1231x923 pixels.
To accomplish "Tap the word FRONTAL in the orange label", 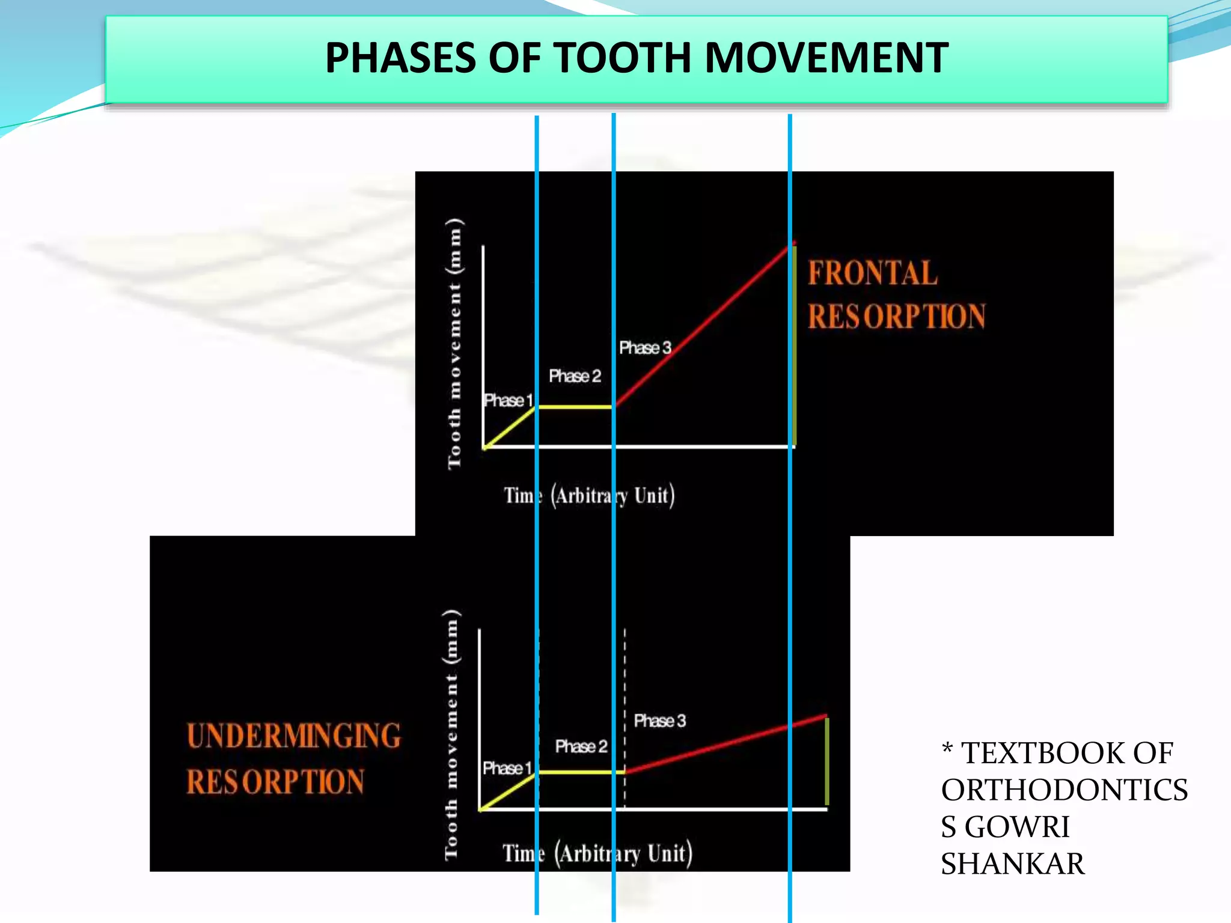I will (x=872, y=273).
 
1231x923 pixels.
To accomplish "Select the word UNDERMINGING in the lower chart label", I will (x=294, y=736).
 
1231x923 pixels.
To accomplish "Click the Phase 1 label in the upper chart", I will (x=509, y=400).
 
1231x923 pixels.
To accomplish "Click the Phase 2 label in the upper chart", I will (x=575, y=376).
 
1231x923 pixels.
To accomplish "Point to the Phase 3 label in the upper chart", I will (x=645, y=348).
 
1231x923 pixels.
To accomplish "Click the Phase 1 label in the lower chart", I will (x=507, y=768).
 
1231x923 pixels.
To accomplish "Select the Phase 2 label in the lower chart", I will (x=581, y=746).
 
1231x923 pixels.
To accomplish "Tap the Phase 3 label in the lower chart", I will (x=659, y=720).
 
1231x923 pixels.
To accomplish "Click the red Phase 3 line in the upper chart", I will (x=703, y=325).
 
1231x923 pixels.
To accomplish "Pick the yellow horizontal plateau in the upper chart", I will (x=575, y=407).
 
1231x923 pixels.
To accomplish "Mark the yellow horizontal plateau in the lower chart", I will (x=581, y=772).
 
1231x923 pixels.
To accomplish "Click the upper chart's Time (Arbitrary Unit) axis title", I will (x=589, y=496).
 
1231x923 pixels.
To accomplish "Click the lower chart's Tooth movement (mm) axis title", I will (x=452, y=734).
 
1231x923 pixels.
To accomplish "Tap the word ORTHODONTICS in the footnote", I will (x=1064, y=790).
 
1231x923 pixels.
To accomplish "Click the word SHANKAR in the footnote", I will (x=1012, y=864).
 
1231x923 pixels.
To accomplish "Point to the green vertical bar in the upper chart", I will (x=794, y=346).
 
